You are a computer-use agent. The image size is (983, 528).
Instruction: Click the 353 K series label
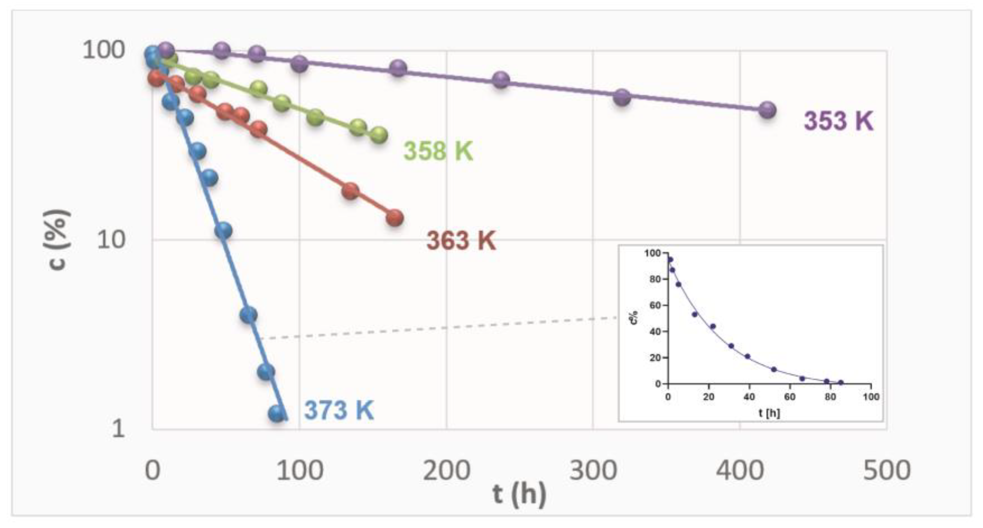pos(838,121)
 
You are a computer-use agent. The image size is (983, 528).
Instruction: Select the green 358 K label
pos(438,151)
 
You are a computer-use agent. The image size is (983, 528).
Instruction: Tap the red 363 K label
pos(461,241)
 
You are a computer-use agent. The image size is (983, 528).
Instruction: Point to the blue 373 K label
pos(339,410)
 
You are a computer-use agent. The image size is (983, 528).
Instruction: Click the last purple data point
pos(767,110)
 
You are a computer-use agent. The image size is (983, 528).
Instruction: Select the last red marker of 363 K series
pos(395,218)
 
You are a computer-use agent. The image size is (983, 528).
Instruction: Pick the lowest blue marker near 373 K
pos(277,413)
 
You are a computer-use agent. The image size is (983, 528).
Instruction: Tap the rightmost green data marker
pos(379,135)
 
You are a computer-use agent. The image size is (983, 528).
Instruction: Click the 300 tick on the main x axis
pos(593,471)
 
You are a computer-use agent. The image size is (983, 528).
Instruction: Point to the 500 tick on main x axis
pos(886,471)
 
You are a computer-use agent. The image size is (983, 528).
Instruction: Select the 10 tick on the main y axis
pos(111,240)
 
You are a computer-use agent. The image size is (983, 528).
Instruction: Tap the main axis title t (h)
pos(519,495)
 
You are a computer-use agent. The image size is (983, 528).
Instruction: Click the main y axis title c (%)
pos(57,240)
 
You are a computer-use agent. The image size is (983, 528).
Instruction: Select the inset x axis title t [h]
pos(769,413)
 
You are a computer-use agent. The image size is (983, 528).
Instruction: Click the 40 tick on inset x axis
pos(749,397)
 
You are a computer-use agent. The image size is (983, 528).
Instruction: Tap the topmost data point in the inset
pos(670,260)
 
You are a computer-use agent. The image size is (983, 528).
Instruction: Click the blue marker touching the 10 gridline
pos(223,231)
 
